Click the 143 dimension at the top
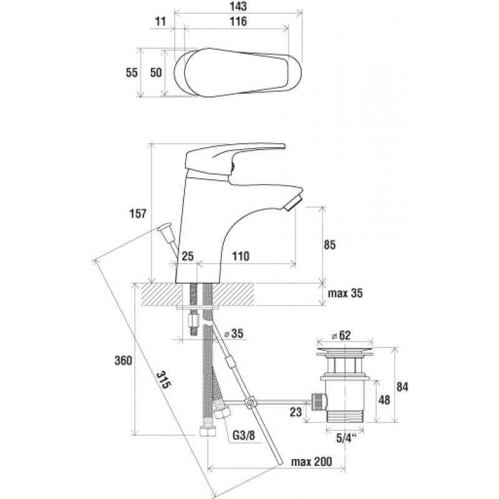(238, 6)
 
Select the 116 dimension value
(238, 21)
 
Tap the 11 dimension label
(161, 21)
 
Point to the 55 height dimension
(132, 72)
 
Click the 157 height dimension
(137, 213)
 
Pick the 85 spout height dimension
(329, 245)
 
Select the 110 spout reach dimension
(241, 256)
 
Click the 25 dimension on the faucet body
(188, 256)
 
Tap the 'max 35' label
(346, 293)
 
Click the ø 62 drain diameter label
(341, 335)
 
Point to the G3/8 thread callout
(244, 435)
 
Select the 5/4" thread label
(346, 438)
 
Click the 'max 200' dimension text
(311, 461)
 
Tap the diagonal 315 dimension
(163, 380)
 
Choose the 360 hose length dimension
(123, 361)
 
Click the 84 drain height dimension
(402, 387)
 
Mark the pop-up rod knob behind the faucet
(165, 228)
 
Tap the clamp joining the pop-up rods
(250, 402)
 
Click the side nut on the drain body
(319, 401)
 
